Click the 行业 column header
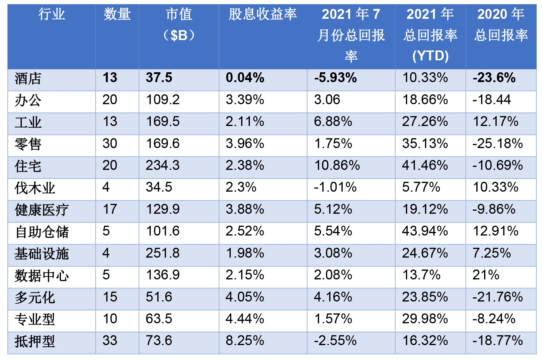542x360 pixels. [x=52, y=14]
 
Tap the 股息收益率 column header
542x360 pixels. [x=263, y=14]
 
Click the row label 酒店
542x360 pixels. [x=28, y=79]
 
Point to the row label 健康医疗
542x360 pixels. [x=41, y=210]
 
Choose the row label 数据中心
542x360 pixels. [x=41, y=276]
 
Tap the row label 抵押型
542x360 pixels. [x=35, y=341]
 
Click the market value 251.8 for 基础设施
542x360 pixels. [x=163, y=253]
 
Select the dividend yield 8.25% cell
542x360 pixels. [x=245, y=341]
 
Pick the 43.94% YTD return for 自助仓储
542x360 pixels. [x=425, y=231]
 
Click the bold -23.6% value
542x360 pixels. [x=494, y=78]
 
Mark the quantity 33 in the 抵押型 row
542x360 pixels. [x=110, y=341]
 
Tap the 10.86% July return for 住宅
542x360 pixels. [x=337, y=165]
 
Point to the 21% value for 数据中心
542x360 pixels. [x=486, y=275]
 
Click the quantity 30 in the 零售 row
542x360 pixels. [x=110, y=144]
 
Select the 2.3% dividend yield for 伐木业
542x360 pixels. [x=241, y=187]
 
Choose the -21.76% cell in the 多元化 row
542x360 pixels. [x=498, y=297]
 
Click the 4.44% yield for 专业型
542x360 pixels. [x=245, y=319]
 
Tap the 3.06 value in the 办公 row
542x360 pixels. [x=327, y=100]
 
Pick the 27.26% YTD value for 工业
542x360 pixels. [x=425, y=122]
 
